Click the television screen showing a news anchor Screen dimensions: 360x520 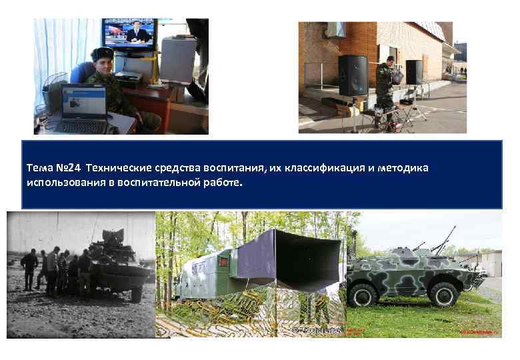coord(129,34)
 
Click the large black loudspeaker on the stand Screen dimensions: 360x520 coord(352,75)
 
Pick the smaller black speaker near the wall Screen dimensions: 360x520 coord(414,72)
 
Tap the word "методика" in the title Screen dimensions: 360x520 coord(403,169)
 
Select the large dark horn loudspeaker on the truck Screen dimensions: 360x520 coord(300,260)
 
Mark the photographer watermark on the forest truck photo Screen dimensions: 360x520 coord(317,330)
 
